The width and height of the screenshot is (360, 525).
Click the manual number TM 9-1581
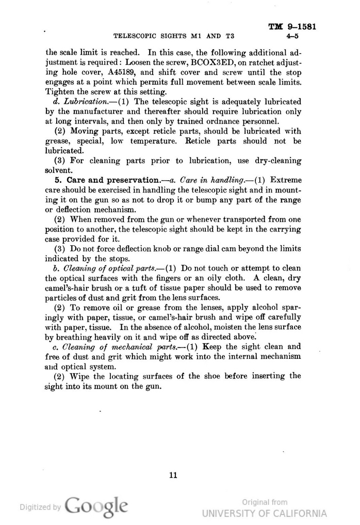click(292, 27)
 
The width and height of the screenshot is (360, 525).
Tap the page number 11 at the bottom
click(173, 475)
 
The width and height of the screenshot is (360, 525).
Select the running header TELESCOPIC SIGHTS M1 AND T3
click(173, 37)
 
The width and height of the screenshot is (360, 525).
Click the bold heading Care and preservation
click(111, 180)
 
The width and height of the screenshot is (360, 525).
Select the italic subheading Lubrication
click(79, 102)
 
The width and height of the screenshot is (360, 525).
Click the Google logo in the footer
click(96, 506)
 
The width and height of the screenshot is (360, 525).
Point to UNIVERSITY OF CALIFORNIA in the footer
click(265, 513)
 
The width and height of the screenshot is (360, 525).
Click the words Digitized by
click(40, 507)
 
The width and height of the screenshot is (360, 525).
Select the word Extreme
click(285, 180)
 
